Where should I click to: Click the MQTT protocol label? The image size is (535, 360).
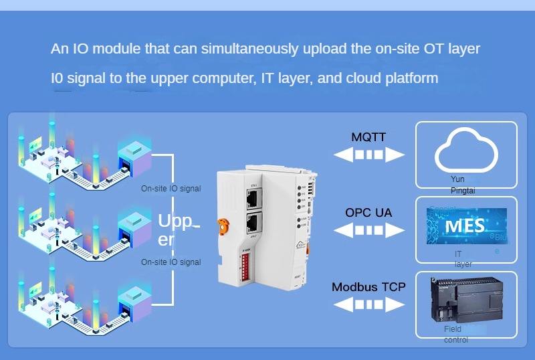click(x=368, y=137)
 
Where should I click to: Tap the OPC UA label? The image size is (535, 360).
click(x=368, y=213)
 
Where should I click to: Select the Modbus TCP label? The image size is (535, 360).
click(x=368, y=287)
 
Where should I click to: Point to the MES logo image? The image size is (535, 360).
click(x=466, y=226)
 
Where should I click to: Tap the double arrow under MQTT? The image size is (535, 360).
click(x=369, y=155)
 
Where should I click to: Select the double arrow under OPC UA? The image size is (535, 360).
click(x=369, y=230)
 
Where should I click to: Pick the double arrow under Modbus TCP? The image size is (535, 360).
click(x=369, y=304)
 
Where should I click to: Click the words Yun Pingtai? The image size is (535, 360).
click(x=458, y=185)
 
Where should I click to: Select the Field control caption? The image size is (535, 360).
click(x=455, y=335)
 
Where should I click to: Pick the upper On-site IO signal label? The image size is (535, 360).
click(x=171, y=189)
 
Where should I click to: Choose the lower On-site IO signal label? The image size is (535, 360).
click(x=171, y=262)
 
